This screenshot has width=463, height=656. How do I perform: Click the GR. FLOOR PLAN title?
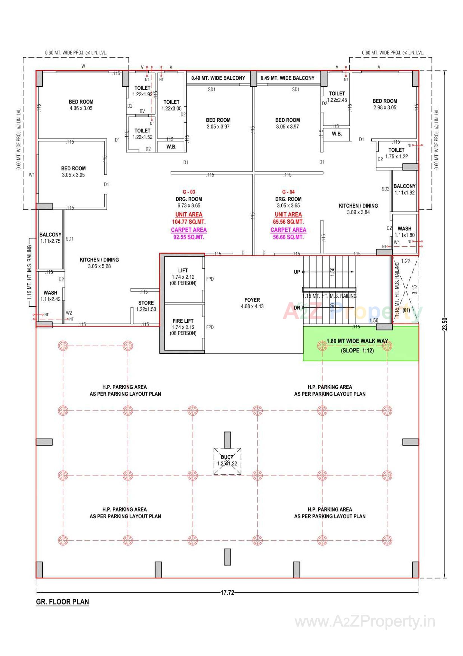62,602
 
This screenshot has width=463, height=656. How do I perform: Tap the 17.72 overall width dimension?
227,593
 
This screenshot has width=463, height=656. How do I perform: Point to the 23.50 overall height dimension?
445,324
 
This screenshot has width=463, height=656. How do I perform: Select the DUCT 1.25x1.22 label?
227,460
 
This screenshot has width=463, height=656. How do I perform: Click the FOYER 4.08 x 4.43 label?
252,303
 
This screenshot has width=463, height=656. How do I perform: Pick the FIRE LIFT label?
183,321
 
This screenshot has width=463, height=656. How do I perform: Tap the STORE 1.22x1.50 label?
146,306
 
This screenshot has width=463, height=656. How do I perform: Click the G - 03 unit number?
189,192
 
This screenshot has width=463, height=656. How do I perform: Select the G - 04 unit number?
288,192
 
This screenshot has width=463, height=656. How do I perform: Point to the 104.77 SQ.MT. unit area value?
189,222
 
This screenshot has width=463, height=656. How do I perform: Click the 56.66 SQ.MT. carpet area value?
288,237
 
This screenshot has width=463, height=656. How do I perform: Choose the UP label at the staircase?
297,272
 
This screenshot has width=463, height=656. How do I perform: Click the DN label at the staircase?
297,308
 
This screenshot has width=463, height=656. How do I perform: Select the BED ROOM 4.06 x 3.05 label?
81,105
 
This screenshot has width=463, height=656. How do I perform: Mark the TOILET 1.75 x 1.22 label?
396,153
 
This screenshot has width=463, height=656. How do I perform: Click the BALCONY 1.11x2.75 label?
50,238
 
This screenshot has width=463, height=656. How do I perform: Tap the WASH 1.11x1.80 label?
404,232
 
